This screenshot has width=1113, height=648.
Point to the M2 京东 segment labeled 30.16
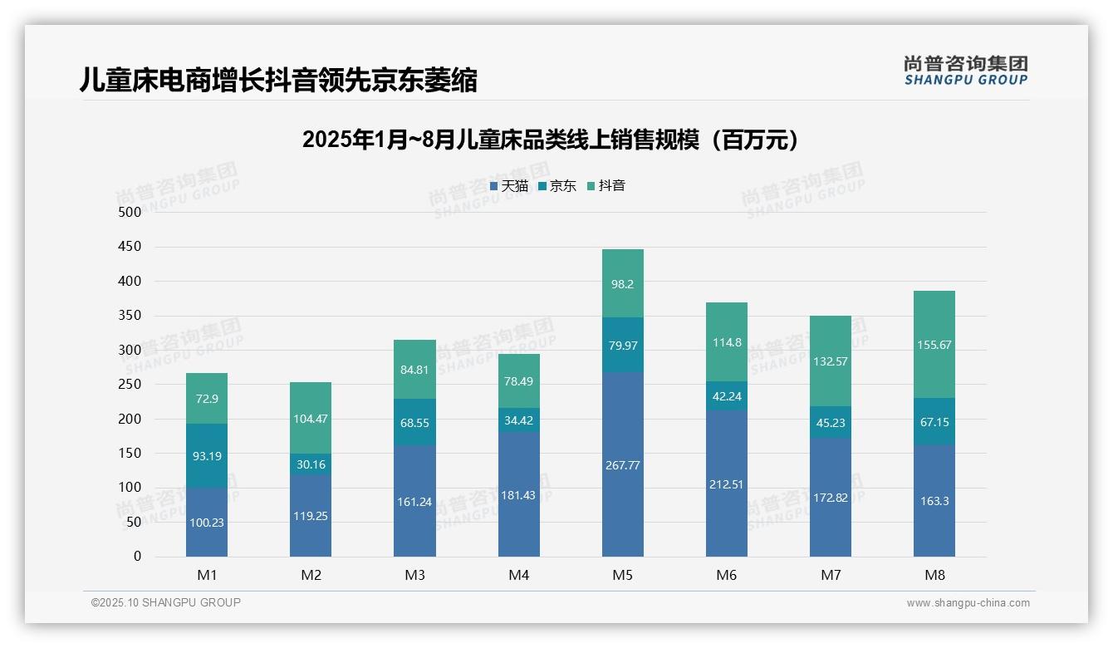[311, 464]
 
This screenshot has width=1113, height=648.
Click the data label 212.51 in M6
[727, 484]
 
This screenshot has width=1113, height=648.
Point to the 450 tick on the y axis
[130, 247]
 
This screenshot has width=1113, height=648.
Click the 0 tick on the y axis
[137, 557]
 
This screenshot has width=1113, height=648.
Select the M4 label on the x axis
[519, 575]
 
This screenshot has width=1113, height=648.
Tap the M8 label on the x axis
[934, 575]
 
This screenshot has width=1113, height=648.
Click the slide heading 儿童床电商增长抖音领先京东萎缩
[278, 81]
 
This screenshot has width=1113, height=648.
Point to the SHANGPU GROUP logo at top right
[965, 71]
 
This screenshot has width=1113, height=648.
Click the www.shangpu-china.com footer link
[968, 603]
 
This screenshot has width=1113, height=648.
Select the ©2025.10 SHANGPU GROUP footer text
[166, 603]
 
